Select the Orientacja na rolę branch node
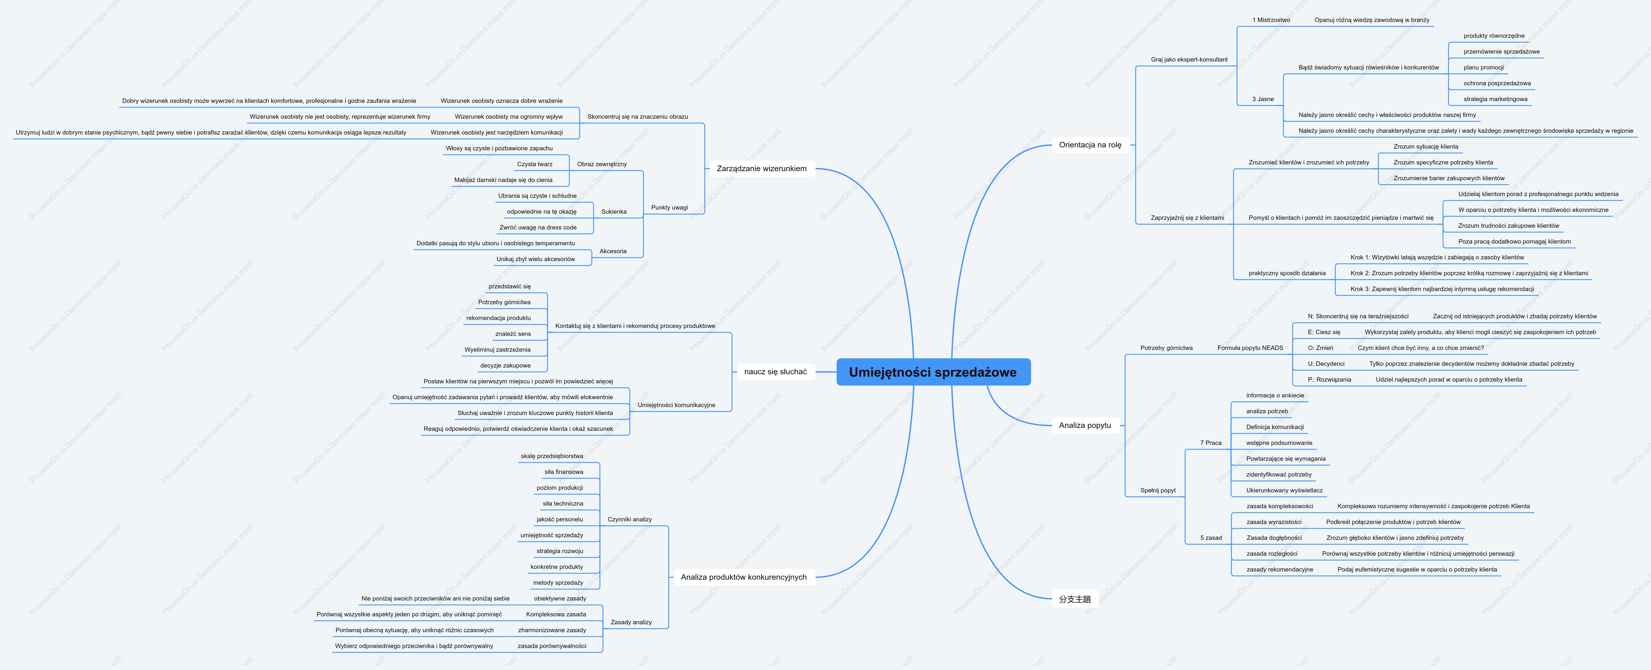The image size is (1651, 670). pyautogui.click(x=1090, y=145)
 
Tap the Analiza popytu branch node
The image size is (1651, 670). pyautogui.click(x=1085, y=425)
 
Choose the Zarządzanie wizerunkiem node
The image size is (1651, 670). pyautogui.click(x=761, y=169)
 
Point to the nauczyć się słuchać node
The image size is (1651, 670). pyautogui.click(x=776, y=372)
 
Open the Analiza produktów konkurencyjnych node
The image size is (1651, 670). pyautogui.click(x=743, y=577)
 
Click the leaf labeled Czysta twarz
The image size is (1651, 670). pyautogui.click(x=535, y=164)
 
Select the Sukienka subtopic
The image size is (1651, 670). pyautogui.click(x=614, y=211)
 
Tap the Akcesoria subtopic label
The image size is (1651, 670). pyautogui.click(x=613, y=251)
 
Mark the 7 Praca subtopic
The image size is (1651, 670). pyautogui.click(x=1211, y=443)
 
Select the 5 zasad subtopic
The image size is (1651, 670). pyautogui.click(x=1211, y=538)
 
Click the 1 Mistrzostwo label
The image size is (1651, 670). pyautogui.click(x=1271, y=20)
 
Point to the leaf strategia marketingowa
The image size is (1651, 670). pyautogui.click(x=1495, y=99)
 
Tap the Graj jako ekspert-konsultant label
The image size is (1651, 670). pyautogui.click(x=1189, y=59)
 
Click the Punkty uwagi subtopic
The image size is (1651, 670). pyautogui.click(x=669, y=208)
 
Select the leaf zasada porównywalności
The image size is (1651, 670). pyautogui.click(x=552, y=646)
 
